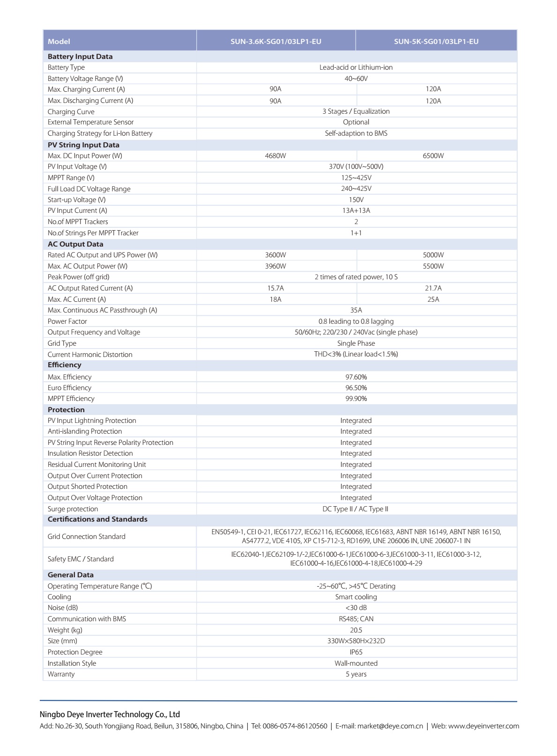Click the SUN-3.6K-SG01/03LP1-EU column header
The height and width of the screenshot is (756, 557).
click(275, 41)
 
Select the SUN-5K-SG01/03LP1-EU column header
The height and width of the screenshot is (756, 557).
click(436, 41)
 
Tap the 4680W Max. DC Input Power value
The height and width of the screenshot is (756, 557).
click(275, 156)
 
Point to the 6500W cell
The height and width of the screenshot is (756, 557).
click(433, 156)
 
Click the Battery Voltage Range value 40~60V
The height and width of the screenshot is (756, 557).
click(356, 79)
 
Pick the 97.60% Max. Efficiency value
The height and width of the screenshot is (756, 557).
click(356, 377)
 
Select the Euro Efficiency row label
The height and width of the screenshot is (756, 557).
click(69, 388)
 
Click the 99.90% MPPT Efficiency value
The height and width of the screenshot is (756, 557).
click(356, 399)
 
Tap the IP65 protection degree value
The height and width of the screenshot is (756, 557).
click(356, 652)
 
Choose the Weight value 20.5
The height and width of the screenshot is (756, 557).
click(356, 630)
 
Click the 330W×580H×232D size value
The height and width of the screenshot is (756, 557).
click(356, 641)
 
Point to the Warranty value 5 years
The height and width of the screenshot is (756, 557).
click(356, 674)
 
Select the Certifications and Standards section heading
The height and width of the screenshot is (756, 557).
click(97, 519)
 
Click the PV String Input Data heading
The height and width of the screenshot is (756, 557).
click(83, 145)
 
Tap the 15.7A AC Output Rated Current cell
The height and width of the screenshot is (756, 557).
click(275, 288)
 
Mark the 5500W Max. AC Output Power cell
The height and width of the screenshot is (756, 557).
click(433, 266)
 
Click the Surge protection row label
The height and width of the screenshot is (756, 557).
click(73, 509)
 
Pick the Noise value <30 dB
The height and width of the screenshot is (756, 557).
click(356, 608)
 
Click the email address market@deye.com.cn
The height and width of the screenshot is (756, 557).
click(390, 726)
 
